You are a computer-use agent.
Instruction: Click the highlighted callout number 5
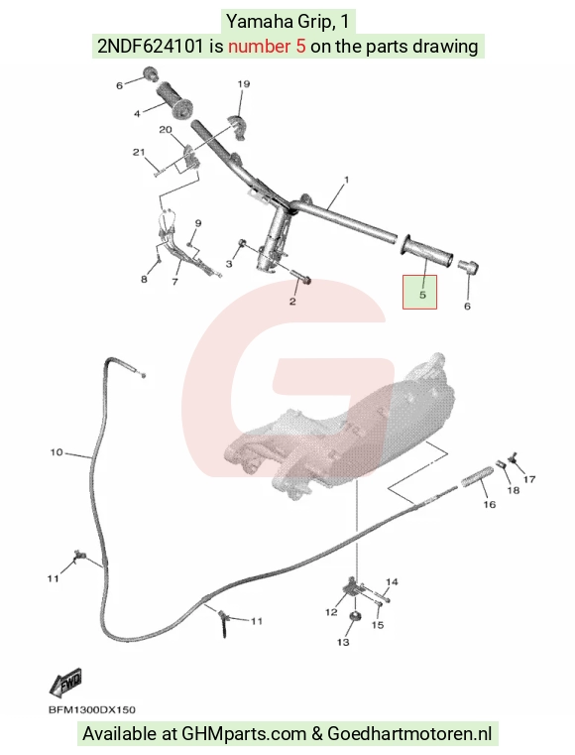(x=422, y=295)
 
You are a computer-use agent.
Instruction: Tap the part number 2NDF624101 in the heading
(x=150, y=47)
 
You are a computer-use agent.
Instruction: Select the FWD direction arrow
(x=65, y=683)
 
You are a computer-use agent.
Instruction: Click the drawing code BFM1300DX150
(x=92, y=710)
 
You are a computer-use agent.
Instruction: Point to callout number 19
(x=244, y=83)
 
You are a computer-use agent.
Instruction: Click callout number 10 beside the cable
(x=57, y=452)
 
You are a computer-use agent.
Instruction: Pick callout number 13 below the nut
(x=343, y=642)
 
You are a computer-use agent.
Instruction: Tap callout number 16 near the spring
(x=489, y=504)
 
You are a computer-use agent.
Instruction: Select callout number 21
(x=139, y=152)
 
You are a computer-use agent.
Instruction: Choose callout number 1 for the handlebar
(x=346, y=180)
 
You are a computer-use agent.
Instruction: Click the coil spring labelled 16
(x=477, y=476)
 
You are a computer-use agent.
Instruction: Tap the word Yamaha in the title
(x=254, y=22)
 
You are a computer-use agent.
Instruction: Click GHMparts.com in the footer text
(x=244, y=734)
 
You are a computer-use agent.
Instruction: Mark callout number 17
(x=529, y=479)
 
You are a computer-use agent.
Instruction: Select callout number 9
(x=197, y=223)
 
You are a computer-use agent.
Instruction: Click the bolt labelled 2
(x=300, y=278)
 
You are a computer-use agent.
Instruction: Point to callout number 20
(x=165, y=130)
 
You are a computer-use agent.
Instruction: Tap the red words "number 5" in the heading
(x=267, y=47)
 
